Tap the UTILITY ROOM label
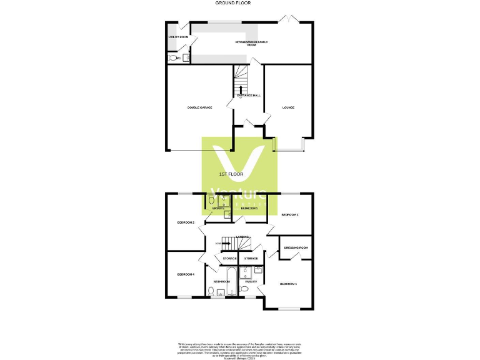(x=178, y=37)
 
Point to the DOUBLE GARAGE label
(x=199, y=107)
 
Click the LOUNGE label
(x=288, y=107)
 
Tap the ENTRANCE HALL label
(x=248, y=96)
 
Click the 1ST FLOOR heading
(x=231, y=173)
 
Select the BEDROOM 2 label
(x=186, y=222)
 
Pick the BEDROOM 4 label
(x=186, y=274)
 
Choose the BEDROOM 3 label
(x=290, y=215)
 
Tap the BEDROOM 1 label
(x=288, y=284)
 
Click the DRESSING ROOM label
(x=296, y=247)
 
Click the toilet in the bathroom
(x=210, y=291)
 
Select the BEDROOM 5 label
(x=249, y=208)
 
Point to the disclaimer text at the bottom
(x=240, y=349)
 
